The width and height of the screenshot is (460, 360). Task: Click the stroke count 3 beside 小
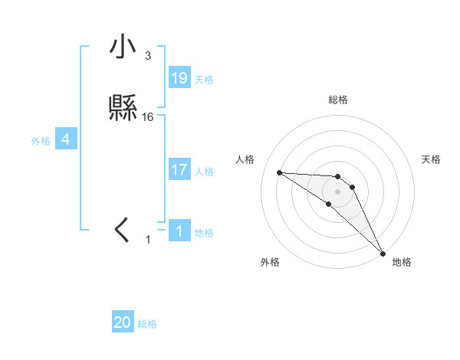coord(148,56)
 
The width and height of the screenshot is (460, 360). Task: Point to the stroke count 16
coord(148,117)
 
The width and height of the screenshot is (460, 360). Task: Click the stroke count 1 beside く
coord(148,240)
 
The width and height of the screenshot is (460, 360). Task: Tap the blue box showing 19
coord(179,78)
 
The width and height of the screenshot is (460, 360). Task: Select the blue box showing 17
coord(179,170)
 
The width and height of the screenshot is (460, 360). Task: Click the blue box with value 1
coord(179,231)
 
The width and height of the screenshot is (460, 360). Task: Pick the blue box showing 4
coord(66,139)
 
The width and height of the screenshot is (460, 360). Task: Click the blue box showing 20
coord(123,323)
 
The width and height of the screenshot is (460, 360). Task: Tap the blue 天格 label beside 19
coord(204,79)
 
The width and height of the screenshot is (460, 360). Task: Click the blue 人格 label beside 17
coord(204,171)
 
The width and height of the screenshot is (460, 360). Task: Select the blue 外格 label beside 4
coord(41,140)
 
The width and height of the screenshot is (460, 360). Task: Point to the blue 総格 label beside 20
coord(147,324)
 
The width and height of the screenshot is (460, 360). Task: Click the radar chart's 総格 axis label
coord(337,100)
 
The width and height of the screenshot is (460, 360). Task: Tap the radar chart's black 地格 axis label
coord(402,262)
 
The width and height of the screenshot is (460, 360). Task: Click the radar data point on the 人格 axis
coord(279,172)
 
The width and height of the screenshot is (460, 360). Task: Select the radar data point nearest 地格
coord(383,254)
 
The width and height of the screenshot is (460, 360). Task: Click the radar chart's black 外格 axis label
coord(270,262)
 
